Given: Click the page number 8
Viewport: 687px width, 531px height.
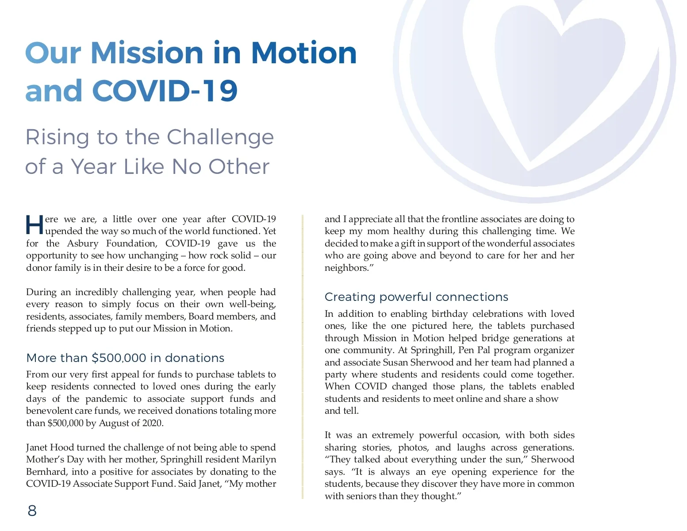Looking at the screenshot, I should coord(32,511).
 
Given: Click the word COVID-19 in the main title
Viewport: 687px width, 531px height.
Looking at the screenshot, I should coord(165,91).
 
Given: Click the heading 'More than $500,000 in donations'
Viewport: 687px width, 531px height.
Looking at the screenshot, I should coord(125,358).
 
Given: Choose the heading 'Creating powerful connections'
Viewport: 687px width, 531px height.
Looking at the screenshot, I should coord(416,297).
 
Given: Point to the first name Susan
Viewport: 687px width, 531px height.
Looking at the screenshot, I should coord(395,362).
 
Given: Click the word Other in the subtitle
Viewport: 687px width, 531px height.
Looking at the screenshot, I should coord(239,167).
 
